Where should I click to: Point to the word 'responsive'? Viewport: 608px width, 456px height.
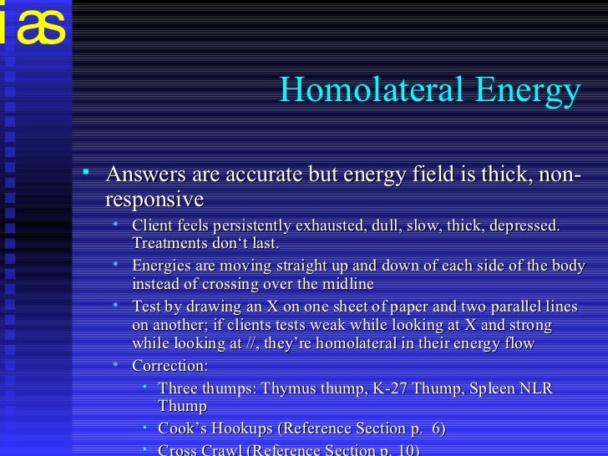point(154,200)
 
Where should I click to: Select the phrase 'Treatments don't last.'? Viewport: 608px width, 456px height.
point(205,244)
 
